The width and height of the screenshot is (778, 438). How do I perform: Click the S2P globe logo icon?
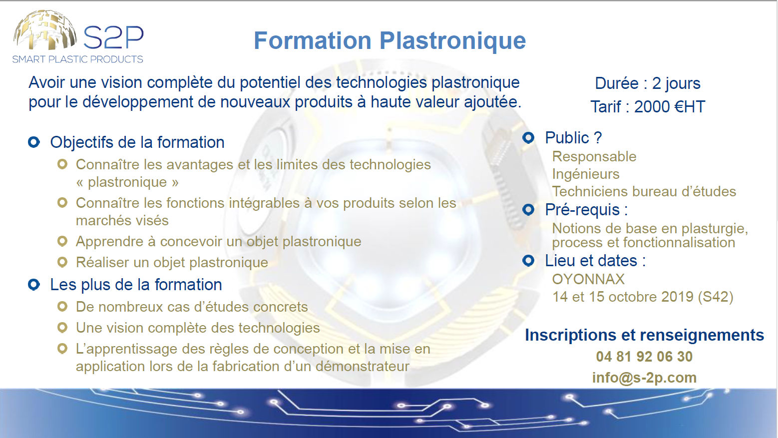(x=45, y=30)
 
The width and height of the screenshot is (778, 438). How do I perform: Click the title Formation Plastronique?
(x=389, y=41)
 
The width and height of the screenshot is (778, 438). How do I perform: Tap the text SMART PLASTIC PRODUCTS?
(x=78, y=59)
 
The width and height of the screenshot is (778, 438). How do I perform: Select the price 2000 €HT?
(x=670, y=107)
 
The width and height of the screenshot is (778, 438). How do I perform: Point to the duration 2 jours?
(x=676, y=83)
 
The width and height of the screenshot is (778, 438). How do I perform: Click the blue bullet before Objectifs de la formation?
(x=34, y=142)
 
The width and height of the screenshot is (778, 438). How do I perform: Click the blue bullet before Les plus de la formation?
(x=34, y=285)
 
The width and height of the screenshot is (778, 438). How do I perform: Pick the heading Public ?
(x=573, y=138)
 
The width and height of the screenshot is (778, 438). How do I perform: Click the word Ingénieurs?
(x=586, y=174)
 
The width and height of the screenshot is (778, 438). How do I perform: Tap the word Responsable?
(x=594, y=157)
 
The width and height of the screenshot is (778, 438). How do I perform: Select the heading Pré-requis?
(x=586, y=210)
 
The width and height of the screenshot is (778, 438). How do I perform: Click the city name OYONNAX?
(x=588, y=279)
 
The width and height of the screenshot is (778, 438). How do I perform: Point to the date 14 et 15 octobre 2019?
(x=623, y=297)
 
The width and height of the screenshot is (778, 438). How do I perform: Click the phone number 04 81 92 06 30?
(x=644, y=357)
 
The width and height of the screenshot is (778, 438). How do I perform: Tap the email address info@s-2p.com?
(x=644, y=378)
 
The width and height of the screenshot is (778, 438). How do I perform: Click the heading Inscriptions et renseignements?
(x=644, y=336)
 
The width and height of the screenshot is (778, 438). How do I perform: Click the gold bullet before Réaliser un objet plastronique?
(x=62, y=262)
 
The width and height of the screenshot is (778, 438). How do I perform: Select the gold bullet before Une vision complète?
(x=62, y=328)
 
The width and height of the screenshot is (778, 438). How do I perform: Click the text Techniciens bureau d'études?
(x=644, y=192)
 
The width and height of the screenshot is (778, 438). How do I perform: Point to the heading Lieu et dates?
(x=595, y=261)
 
